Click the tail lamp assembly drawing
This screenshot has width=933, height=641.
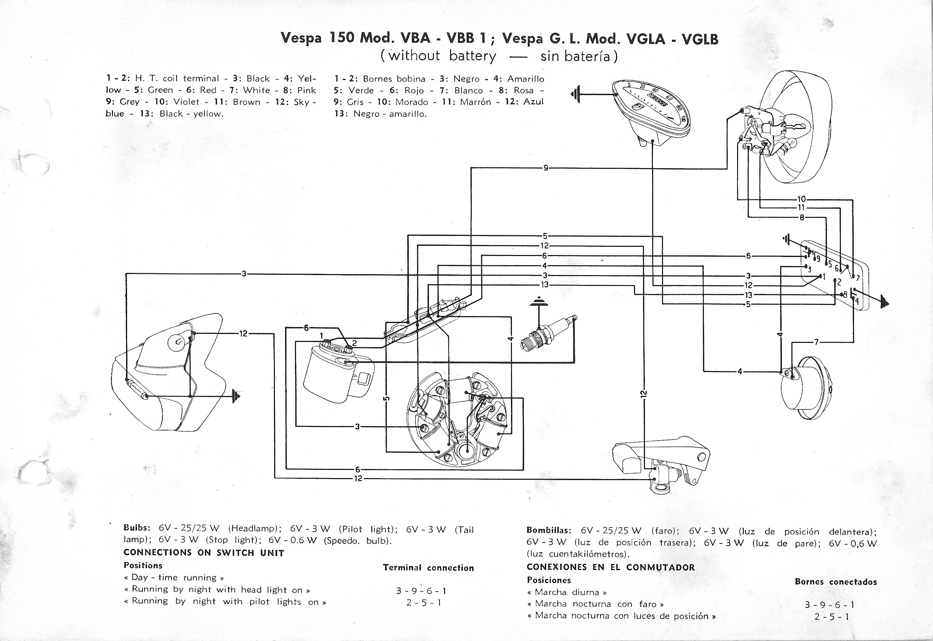click(169, 373)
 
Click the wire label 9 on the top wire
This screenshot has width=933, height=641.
click(545, 168)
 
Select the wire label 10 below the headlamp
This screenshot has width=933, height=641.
click(801, 199)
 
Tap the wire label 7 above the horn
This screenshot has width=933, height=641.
click(816, 342)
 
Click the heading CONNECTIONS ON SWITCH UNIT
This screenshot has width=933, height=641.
click(204, 552)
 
